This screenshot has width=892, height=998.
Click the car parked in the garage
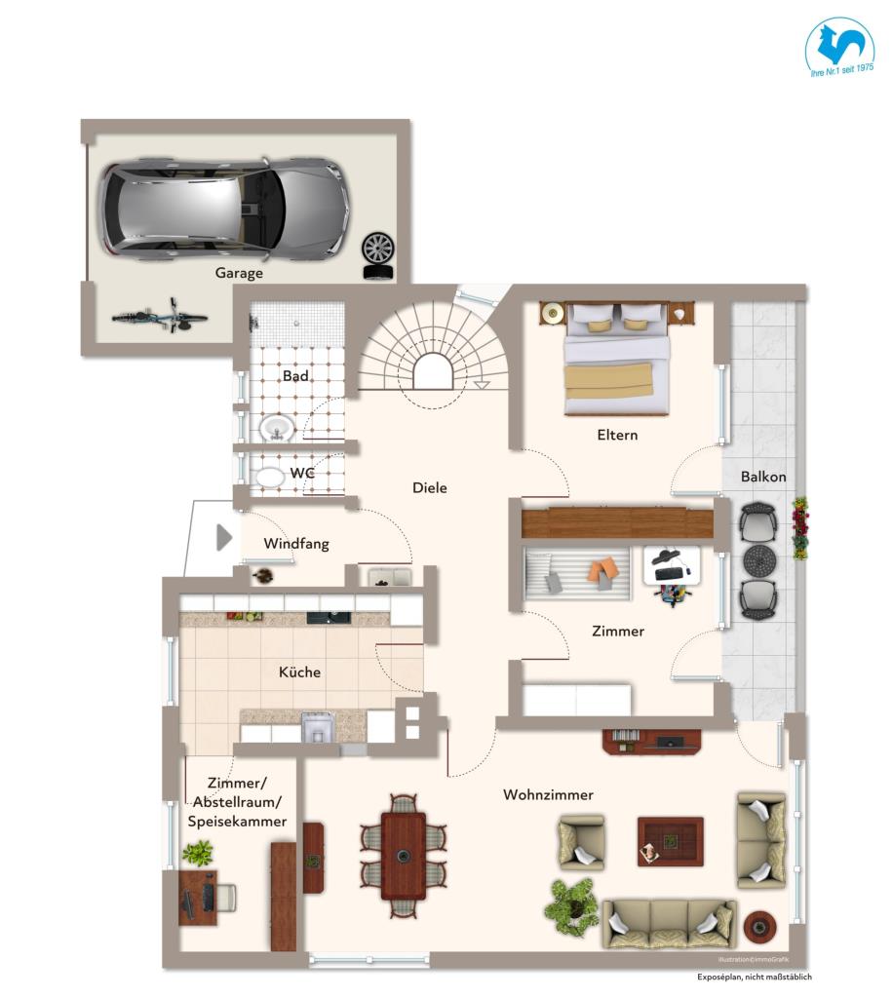click(222, 206)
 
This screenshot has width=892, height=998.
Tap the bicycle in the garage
click(160, 316)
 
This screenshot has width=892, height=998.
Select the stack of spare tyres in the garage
click(377, 256)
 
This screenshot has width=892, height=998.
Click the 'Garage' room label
click(239, 274)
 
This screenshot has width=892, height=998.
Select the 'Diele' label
click(429, 487)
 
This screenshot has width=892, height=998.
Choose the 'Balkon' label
click(762, 477)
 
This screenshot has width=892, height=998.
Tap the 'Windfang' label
click(296, 544)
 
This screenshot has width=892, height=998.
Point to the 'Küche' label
click(299, 672)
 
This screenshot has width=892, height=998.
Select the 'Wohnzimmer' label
click(548, 795)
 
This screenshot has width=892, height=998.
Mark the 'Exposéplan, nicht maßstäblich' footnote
click(754, 977)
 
